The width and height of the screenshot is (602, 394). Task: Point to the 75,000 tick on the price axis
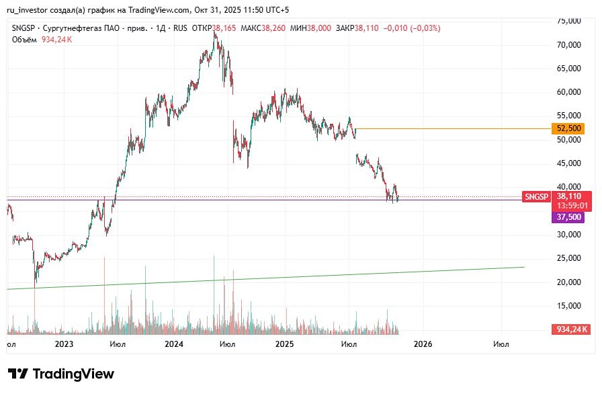click(x=570, y=21)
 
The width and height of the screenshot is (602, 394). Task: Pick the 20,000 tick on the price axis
click(x=570, y=282)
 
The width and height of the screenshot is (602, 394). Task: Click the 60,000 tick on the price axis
click(x=570, y=92)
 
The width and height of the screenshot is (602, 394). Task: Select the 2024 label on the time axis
click(x=174, y=344)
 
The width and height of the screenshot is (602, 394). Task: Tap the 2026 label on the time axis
click(x=423, y=344)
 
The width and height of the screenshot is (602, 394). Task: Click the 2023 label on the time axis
click(x=64, y=344)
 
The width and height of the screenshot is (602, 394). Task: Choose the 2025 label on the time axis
click(x=285, y=344)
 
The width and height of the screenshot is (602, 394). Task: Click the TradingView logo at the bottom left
click(x=61, y=374)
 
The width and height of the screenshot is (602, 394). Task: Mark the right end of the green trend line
click(x=523, y=267)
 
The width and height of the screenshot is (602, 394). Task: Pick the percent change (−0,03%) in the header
click(x=421, y=28)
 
